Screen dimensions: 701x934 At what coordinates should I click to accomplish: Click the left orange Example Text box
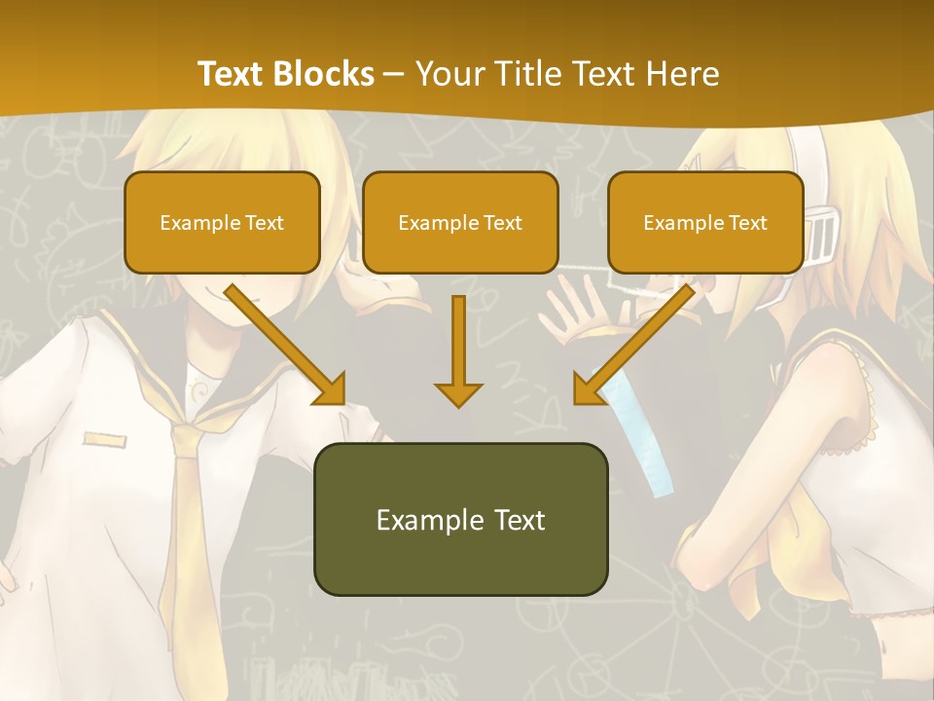point(222,222)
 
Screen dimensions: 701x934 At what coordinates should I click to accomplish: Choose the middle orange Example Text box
point(460,222)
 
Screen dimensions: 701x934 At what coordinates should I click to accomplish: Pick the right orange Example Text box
point(705,222)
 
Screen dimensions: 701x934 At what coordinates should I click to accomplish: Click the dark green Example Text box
point(460,519)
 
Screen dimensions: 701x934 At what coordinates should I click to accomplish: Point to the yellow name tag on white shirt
point(104,440)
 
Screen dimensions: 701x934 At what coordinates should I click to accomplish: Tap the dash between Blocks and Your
point(394,74)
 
